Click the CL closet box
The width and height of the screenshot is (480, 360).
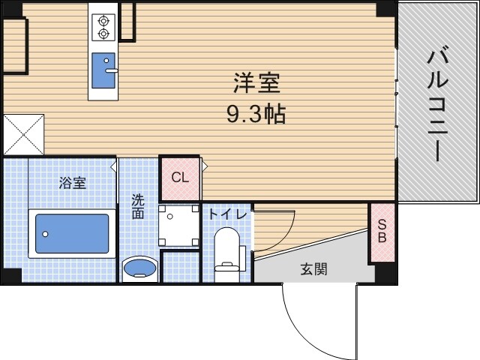(x=180, y=178)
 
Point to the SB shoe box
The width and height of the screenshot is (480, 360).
(x=382, y=232)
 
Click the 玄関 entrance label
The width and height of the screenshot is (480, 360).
(x=315, y=269)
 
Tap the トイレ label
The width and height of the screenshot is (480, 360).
(x=225, y=214)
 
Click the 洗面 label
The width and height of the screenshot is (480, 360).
(x=139, y=207)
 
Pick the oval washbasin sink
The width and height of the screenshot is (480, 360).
(x=139, y=268)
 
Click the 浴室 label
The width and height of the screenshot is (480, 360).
(x=73, y=181)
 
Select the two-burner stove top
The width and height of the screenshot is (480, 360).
(x=103, y=26)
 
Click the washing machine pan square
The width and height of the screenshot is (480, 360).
(x=179, y=225)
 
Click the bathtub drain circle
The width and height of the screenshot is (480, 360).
(x=44, y=234)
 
